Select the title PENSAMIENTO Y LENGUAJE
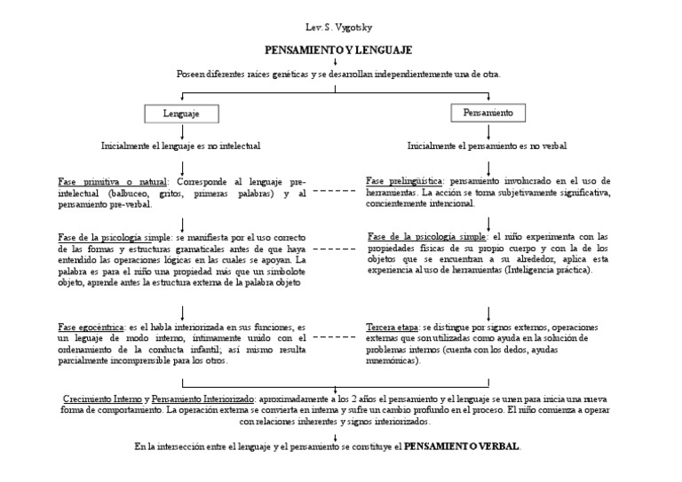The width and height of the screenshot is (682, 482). pos(338,51)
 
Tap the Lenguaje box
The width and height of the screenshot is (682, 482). pos(181,114)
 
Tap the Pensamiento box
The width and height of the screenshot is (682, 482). pos(488,113)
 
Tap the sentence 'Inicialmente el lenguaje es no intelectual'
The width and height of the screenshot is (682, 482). pos(181,145)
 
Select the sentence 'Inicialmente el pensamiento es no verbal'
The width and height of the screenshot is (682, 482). pos(488,145)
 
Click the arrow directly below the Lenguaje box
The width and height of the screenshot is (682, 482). pos(181,130)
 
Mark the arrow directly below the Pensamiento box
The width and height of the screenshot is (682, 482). pos(488,130)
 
